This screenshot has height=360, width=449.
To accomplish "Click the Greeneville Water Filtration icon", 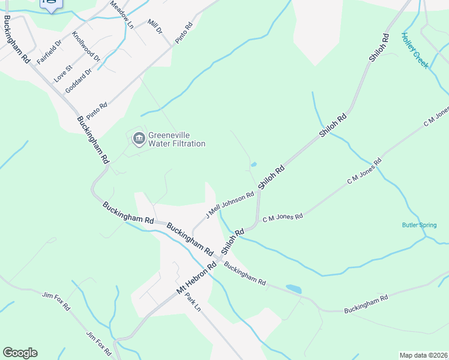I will (x=139, y=139).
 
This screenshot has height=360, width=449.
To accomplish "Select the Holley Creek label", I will (x=415, y=50).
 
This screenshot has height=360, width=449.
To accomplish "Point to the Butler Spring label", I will (x=420, y=225).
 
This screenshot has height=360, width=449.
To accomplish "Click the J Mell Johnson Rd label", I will (x=231, y=205).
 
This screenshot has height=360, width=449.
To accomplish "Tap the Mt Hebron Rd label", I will (x=196, y=278).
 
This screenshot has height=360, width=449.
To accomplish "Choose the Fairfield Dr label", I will (x=49, y=52).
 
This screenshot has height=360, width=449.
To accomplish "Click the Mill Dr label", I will (x=155, y=26).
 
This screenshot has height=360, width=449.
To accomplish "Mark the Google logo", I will (x=20, y=353).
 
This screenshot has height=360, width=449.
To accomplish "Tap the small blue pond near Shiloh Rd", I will (x=253, y=164).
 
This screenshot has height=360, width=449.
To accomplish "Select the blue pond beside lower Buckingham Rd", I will (x=294, y=289).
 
